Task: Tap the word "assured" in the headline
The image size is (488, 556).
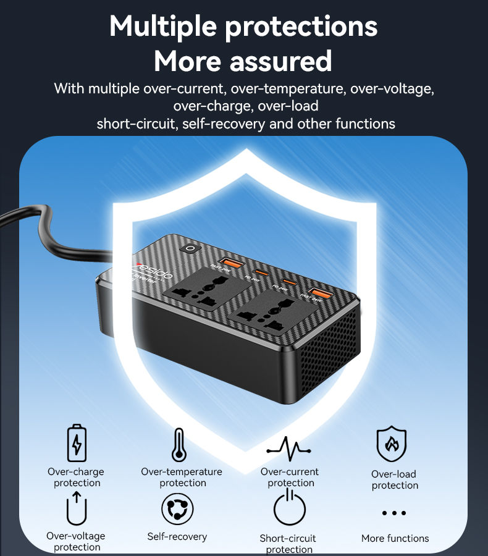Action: click(281, 61)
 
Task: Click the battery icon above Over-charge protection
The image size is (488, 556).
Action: click(77, 442)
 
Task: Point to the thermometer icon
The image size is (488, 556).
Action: click(179, 445)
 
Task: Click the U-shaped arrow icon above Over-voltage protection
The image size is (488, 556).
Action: click(77, 508)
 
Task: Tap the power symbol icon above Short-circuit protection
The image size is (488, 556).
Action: click(290, 508)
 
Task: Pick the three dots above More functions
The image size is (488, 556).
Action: click(394, 513)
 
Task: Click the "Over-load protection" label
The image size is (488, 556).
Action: click(394, 480)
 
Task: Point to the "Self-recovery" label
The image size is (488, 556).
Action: click(177, 536)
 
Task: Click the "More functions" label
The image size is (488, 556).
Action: click(395, 538)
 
